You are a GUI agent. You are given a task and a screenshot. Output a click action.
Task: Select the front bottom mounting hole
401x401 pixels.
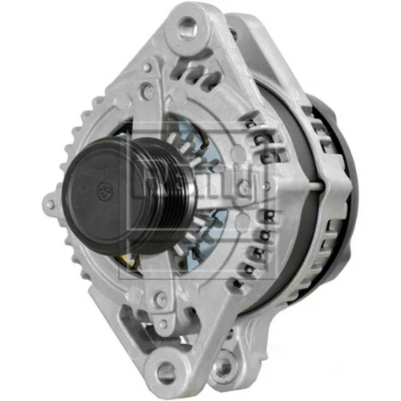[x=167, y=370]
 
